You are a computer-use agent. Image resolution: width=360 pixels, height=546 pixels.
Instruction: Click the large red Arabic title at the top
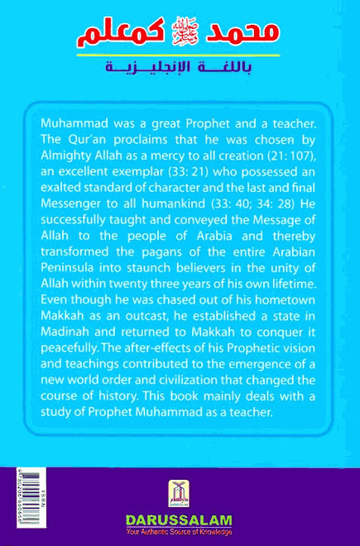(x=180, y=34)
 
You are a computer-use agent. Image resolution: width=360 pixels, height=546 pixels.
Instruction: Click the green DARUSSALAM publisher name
(x=179, y=521)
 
